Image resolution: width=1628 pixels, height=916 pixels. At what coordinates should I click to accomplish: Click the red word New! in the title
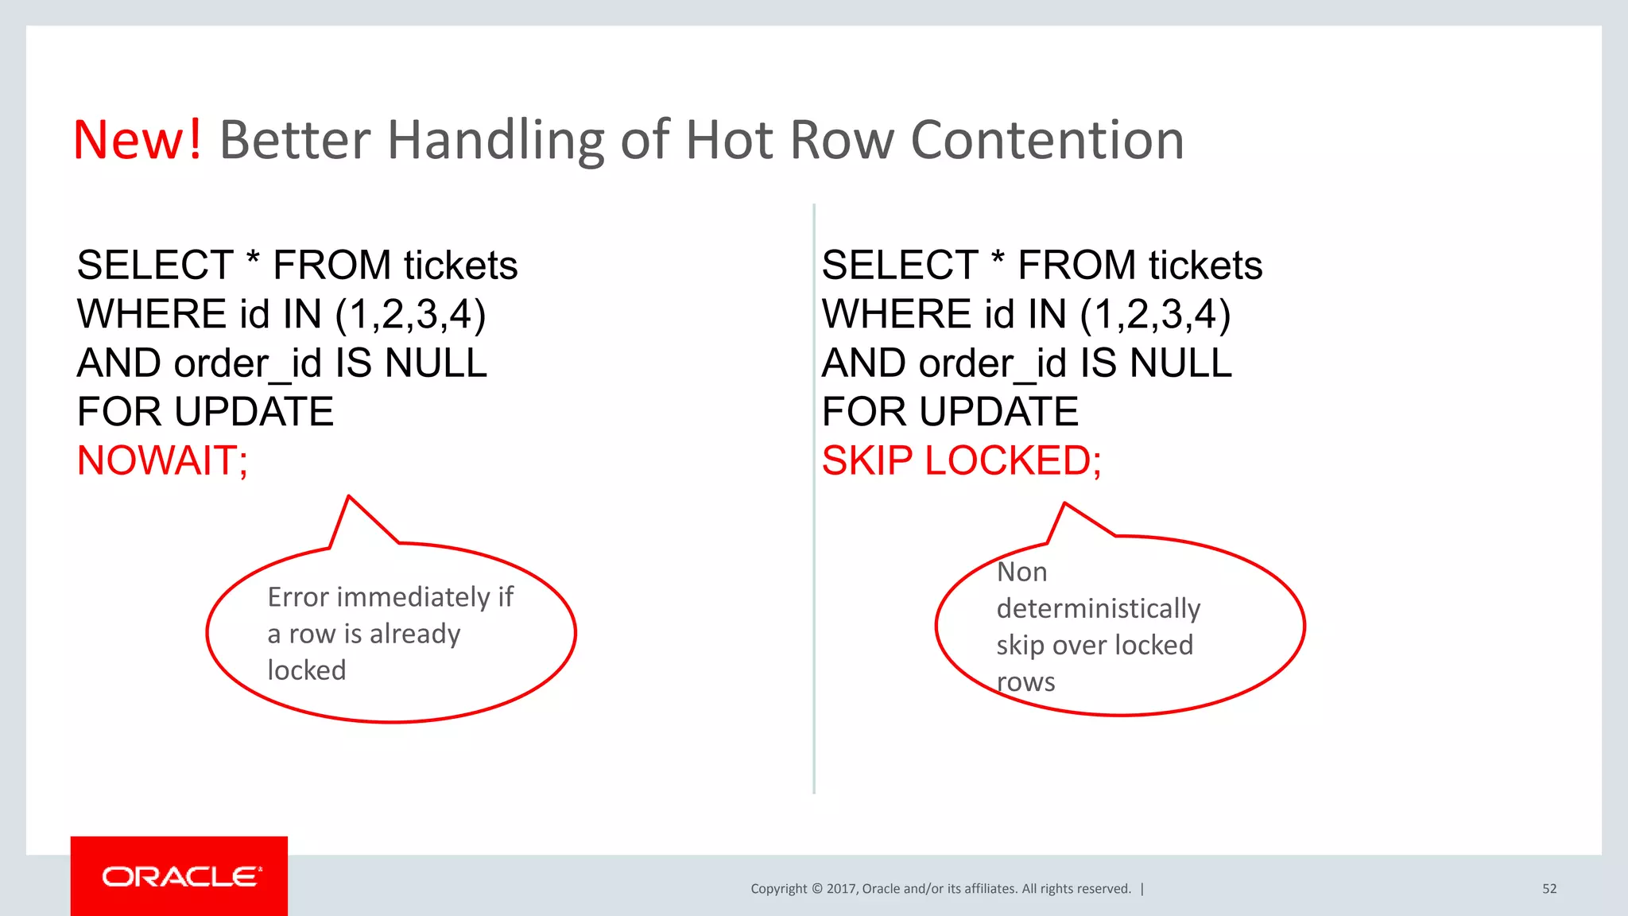click(137, 140)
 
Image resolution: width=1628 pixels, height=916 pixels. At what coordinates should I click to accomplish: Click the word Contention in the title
click(1047, 140)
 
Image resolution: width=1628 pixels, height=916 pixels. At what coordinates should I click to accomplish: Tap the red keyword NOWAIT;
click(162, 460)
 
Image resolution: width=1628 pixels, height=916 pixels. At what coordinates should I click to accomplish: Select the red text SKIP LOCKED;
click(961, 460)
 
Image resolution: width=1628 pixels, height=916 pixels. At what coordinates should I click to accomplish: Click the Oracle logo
click(180, 876)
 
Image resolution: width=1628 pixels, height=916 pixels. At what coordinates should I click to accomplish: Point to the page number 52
click(1549, 889)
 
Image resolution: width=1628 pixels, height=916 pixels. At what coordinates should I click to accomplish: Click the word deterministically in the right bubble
click(1098, 609)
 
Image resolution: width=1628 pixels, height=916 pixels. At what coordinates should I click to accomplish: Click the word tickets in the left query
click(460, 266)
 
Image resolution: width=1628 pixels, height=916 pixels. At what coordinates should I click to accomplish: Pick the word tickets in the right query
click(1205, 266)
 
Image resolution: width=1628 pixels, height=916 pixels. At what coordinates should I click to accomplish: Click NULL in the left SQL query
click(436, 363)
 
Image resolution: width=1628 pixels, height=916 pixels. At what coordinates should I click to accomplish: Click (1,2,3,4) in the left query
click(410, 315)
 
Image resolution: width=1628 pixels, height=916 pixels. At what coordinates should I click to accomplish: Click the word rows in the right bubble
click(1025, 682)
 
